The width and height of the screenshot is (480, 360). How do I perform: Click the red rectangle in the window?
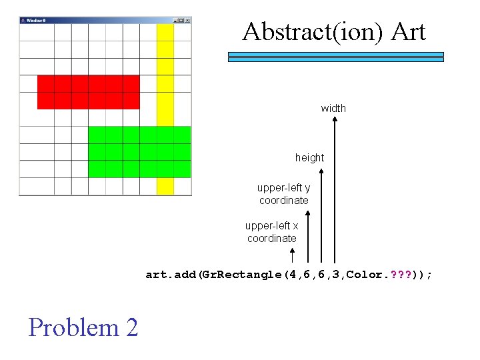tap(88, 92)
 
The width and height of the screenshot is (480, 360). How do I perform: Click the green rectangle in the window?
tap(139, 151)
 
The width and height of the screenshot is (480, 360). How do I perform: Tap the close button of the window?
tap(187, 21)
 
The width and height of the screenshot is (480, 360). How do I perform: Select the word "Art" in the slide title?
tap(408, 31)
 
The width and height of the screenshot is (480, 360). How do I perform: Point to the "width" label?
tap(333, 108)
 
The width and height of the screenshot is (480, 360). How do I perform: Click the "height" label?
tap(309, 158)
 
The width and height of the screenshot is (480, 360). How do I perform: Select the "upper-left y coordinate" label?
tap(283, 194)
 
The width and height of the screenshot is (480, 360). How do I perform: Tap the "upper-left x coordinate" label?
tap(271, 232)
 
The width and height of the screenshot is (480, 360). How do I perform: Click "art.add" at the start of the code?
tap(168, 274)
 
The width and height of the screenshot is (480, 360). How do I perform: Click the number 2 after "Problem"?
tap(131, 327)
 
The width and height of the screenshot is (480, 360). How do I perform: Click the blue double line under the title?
tap(335, 57)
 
